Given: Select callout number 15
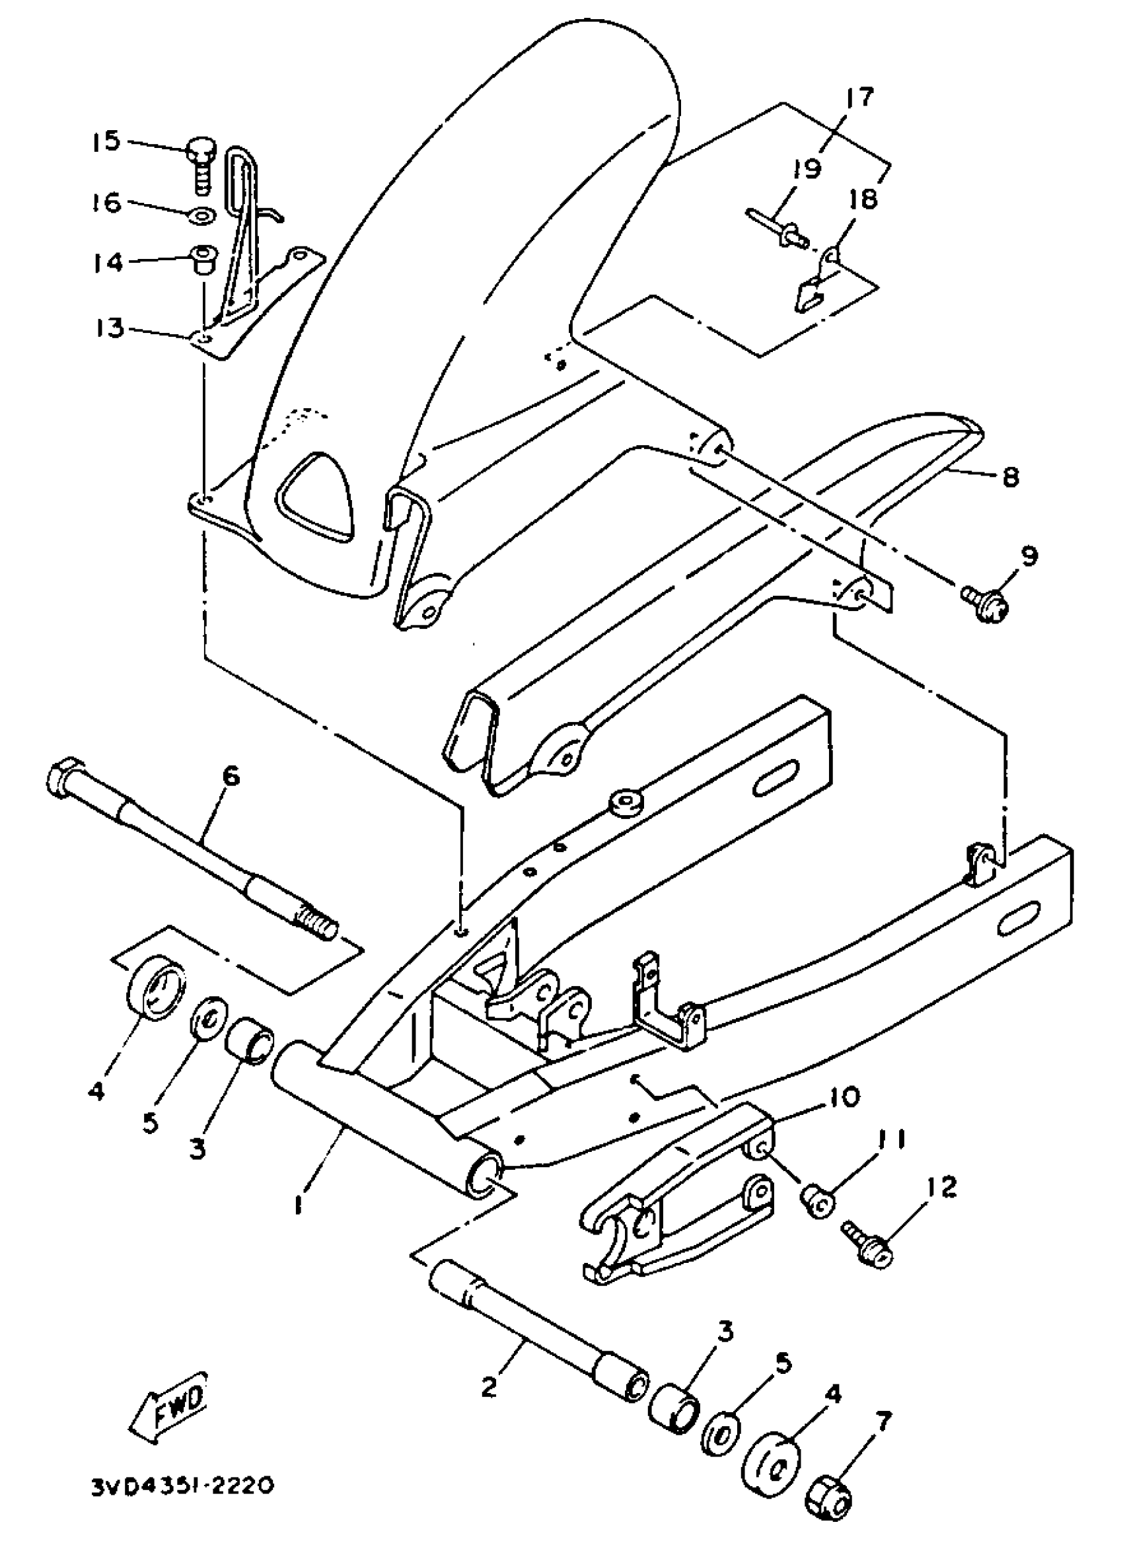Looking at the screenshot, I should (x=107, y=141).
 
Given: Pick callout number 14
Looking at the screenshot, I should (x=108, y=262).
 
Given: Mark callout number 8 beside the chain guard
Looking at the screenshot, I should (x=1010, y=477).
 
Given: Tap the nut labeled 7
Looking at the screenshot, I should (x=828, y=1499).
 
